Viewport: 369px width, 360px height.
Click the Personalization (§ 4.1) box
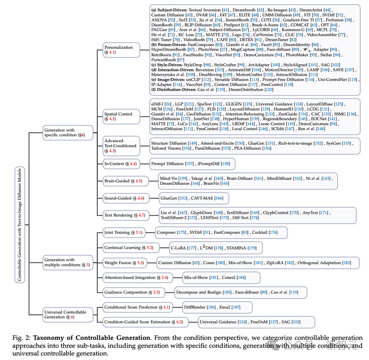pyautogui.click(x=121, y=50)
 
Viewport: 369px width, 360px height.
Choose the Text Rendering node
pyautogui.click(x=124, y=215)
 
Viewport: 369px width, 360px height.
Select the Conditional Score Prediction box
pyautogui.click(x=137, y=307)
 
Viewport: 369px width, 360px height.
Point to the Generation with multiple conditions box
pyautogui.click(x=68, y=262)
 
